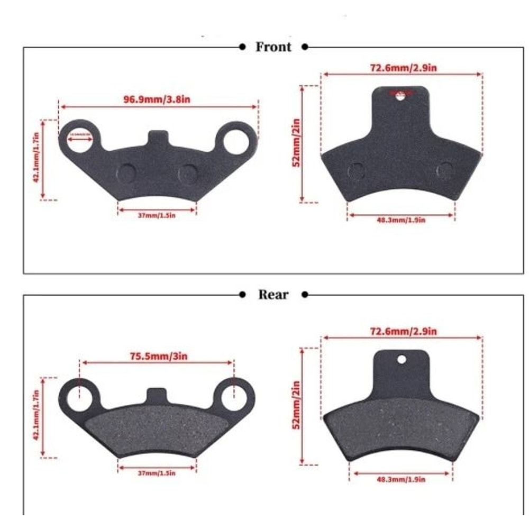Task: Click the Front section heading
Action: click(273, 47)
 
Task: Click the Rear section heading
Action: click(273, 295)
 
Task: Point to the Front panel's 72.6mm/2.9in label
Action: click(403, 68)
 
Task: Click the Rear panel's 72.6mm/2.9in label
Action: click(403, 331)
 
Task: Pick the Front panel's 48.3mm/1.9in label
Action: click(401, 220)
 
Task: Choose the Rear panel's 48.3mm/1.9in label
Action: click(401, 479)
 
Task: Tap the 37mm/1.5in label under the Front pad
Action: click(157, 215)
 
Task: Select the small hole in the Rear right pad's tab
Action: click(402, 360)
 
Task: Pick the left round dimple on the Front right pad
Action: click(357, 170)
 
